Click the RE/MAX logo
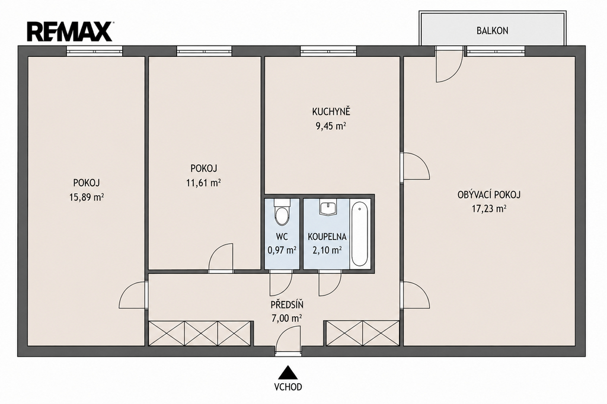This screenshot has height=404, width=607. click(x=70, y=32)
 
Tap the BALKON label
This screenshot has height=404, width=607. click(x=492, y=31)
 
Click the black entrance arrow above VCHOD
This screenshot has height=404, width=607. click(x=287, y=372)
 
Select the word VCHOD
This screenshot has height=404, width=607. click(x=287, y=387)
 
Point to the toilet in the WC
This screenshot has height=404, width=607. click(x=282, y=212)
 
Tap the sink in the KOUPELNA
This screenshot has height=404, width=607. click(x=329, y=207)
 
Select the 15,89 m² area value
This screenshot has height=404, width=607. click(x=87, y=197)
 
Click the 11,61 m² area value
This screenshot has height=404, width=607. click(x=203, y=182)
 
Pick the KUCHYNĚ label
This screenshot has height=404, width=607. click(x=331, y=112)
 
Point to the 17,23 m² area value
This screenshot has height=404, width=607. click(x=489, y=209)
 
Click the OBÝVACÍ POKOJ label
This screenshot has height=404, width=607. click(x=489, y=194)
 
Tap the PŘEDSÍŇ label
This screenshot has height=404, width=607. click(x=287, y=304)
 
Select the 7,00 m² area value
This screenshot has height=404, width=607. click(x=287, y=319)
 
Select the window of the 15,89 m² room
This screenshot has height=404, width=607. click(x=94, y=50)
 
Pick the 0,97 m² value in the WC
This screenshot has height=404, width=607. click(x=282, y=251)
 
